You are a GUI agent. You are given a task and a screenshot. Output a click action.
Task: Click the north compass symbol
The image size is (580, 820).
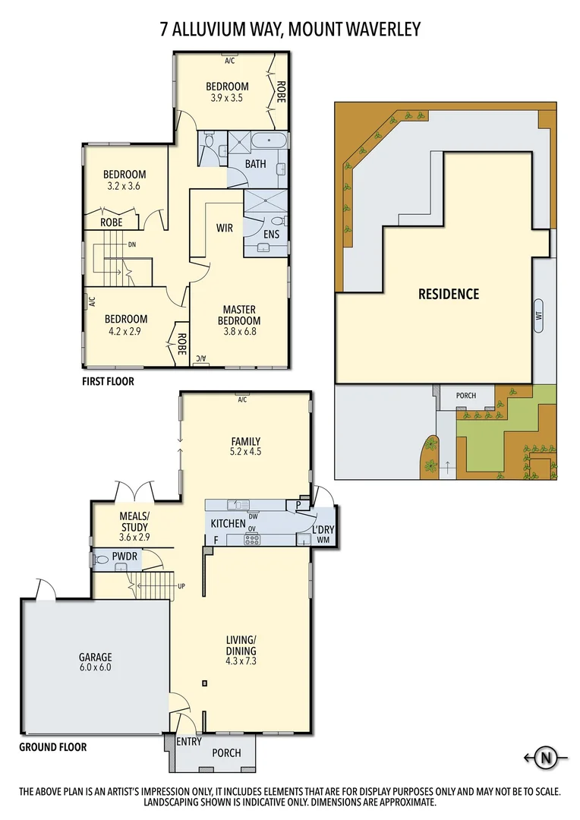click(x=545, y=756)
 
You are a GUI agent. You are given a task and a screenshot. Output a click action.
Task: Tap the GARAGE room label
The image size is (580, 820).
click(x=96, y=658)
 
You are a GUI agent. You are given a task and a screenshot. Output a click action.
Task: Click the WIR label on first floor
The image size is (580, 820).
click(x=225, y=228)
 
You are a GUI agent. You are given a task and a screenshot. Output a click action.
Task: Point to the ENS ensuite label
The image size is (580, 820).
click(x=272, y=235)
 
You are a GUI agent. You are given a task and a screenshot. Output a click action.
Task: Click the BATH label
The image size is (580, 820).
click(x=256, y=164)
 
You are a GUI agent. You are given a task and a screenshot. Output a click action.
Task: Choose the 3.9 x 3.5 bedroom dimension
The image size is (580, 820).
click(x=227, y=98)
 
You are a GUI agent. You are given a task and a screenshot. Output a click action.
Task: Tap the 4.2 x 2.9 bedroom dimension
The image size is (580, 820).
click(x=126, y=332)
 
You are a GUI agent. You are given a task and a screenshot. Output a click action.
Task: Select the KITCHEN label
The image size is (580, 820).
click(x=228, y=523)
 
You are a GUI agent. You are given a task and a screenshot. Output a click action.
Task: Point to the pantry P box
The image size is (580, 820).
click(x=298, y=504)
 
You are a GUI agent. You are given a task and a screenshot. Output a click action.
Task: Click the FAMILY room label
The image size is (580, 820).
click(x=246, y=441)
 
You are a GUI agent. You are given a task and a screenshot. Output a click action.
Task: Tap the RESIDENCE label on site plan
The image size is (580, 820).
click(x=449, y=294)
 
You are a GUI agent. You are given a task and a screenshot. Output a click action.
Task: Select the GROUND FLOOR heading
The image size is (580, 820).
click(x=52, y=747)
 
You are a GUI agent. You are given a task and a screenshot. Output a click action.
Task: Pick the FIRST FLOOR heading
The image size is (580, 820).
click(x=108, y=382)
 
